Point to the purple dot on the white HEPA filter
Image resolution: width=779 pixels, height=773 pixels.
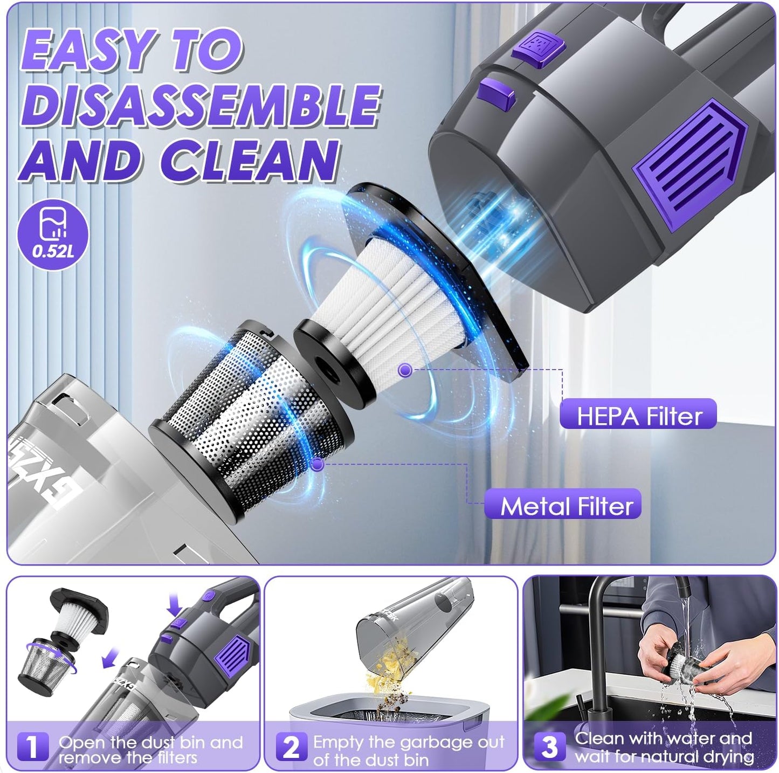click(405, 370)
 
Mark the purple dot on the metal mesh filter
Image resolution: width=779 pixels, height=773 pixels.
click(318, 464)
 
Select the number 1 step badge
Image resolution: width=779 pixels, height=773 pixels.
click(32, 747)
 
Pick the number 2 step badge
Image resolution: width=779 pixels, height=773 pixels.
click(292, 747)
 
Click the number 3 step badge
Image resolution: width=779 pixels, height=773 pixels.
click(549, 747)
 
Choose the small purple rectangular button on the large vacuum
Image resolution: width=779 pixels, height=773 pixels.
click(497, 91)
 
